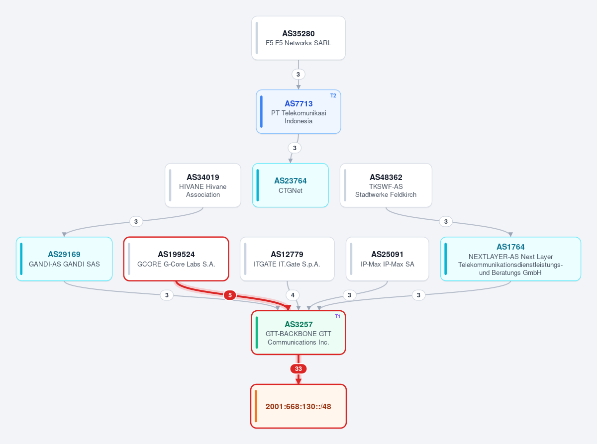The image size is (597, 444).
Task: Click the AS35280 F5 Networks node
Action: pyautogui.click(x=298, y=38)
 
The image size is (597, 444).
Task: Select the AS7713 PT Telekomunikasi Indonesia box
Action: pyautogui.click(x=298, y=112)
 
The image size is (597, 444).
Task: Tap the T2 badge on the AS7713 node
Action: pyautogui.click(x=333, y=95)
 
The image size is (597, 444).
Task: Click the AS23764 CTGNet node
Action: pyautogui.click(x=290, y=185)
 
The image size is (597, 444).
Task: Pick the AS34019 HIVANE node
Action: pyautogui.click(x=202, y=185)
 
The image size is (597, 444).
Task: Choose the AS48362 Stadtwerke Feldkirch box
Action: pyautogui.click(x=386, y=185)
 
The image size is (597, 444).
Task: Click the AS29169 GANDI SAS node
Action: pyautogui.click(x=64, y=259)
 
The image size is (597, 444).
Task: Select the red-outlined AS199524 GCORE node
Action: pyautogui.click(x=176, y=259)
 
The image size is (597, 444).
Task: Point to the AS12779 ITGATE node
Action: pyautogui.click(x=287, y=259)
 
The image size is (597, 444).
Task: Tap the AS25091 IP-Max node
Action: pyautogui.click(x=388, y=259)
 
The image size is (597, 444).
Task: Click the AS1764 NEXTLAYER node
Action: pyautogui.click(x=510, y=259)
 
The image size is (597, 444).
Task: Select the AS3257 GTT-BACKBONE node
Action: pyautogui.click(x=298, y=333)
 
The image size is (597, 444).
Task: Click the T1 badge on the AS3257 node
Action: pyautogui.click(x=337, y=316)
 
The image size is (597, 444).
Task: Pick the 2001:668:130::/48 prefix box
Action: pyautogui.click(x=298, y=406)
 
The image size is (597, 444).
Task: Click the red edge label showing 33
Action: pyautogui.click(x=298, y=368)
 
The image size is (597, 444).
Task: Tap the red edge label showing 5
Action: pyautogui.click(x=229, y=295)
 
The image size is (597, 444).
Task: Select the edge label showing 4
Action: pyautogui.click(x=293, y=295)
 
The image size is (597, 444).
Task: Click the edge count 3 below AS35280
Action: pyautogui.click(x=298, y=74)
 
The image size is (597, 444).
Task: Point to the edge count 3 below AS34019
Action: pyautogui.click(x=136, y=221)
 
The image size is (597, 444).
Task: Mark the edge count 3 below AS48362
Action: pyautogui.click(x=446, y=221)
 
